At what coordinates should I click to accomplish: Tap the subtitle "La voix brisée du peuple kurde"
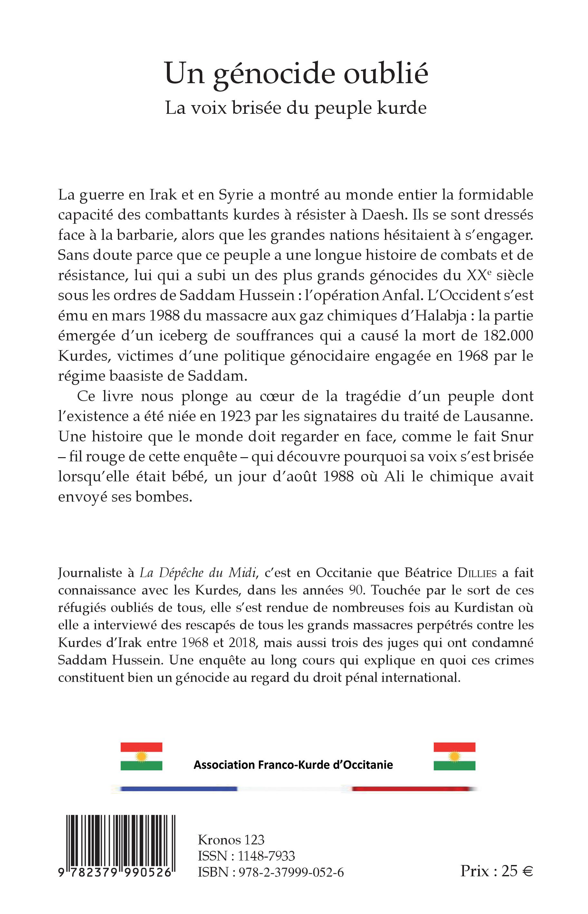tap(296, 108)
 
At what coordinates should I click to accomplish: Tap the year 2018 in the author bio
tap(242, 643)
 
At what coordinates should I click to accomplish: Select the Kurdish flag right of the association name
tap(454, 756)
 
